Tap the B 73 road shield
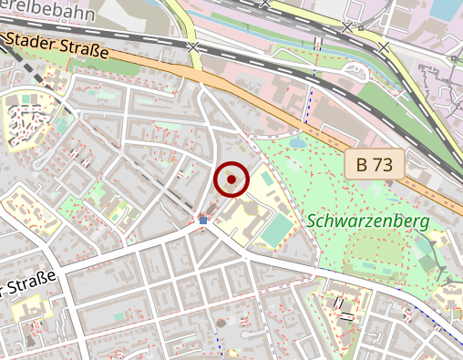click(375, 165)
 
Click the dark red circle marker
click(232, 180)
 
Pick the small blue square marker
click(202, 220)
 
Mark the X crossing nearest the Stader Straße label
click(192, 46)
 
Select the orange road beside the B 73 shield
click(310, 128)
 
